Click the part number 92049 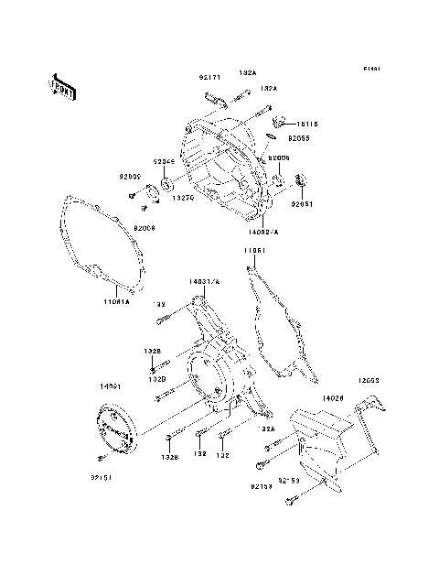click(x=164, y=162)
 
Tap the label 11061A click(x=117, y=300)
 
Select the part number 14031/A click(x=205, y=283)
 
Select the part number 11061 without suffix click(x=254, y=249)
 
